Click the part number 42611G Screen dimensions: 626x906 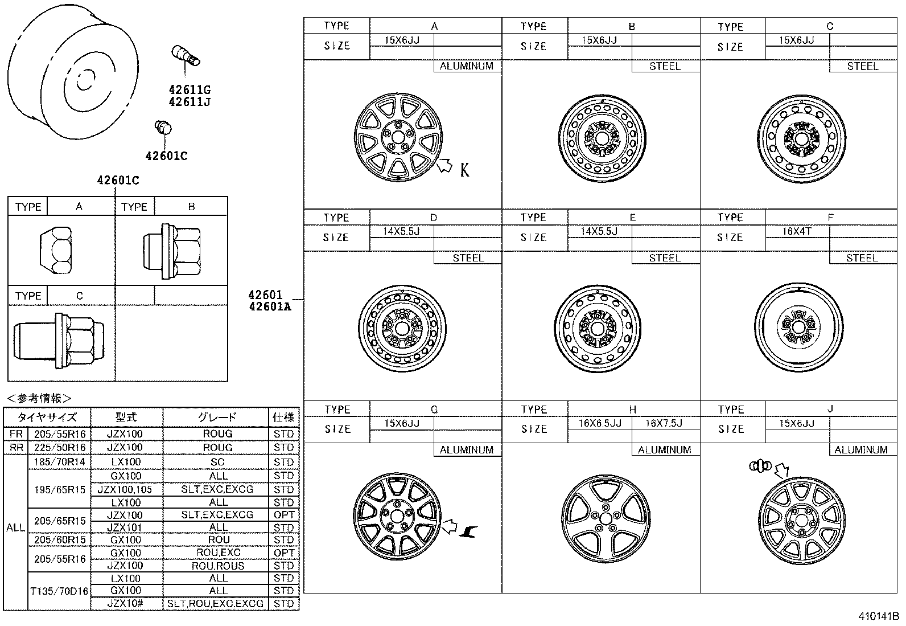point(189,90)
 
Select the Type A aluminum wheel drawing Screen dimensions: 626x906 point(397,137)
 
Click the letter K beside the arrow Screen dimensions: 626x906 point(465,169)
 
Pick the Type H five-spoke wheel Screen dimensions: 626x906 point(604,519)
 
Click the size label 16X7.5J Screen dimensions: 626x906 point(664,423)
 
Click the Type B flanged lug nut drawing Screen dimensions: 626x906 point(171,251)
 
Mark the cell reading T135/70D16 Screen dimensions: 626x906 point(59,591)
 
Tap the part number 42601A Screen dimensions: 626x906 point(269,307)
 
